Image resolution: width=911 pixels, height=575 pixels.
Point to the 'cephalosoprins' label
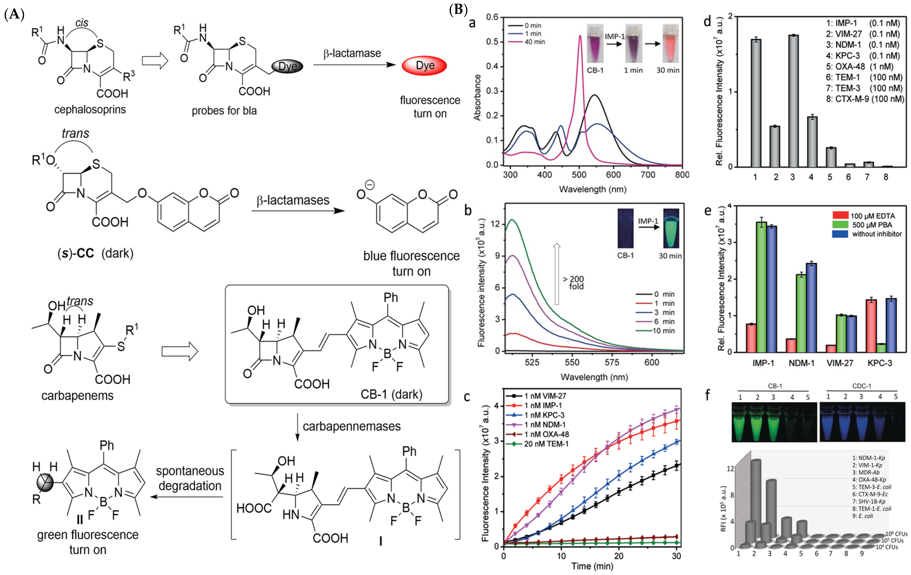click(x=90, y=110)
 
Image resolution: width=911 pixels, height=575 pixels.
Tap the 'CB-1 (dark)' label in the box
click(x=391, y=394)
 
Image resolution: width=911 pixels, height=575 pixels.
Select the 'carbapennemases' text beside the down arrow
click(x=351, y=426)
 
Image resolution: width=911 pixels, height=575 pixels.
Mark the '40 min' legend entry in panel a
click(x=534, y=42)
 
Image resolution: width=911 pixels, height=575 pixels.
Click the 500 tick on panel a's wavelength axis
click(x=579, y=175)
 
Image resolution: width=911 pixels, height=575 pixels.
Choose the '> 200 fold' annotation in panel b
click(x=573, y=283)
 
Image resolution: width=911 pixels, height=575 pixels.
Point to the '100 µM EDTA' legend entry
click(x=872, y=216)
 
